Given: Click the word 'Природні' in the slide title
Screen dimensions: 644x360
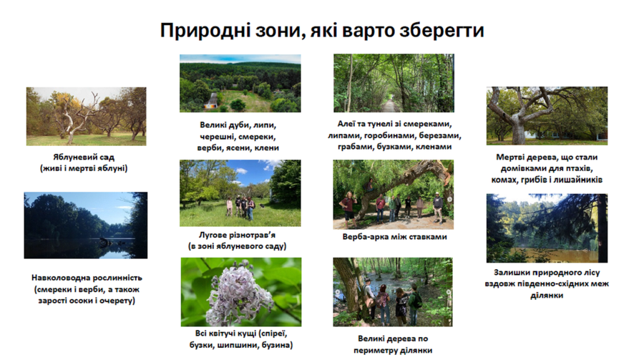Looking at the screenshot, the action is click(x=205, y=30).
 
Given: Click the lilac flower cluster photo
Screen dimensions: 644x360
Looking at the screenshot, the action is click(x=241, y=292).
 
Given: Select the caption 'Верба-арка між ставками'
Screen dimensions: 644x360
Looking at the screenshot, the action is click(x=395, y=237).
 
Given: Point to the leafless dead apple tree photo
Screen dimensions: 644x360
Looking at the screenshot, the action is click(x=87, y=116).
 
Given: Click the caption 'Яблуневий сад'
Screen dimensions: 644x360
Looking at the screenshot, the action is click(x=84, y=157).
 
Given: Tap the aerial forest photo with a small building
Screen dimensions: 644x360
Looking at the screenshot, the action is click(x=240, y=84).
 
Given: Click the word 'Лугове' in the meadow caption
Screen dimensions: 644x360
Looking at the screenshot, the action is click(x=213, y=235).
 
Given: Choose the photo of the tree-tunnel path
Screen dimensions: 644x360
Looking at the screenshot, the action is click(x=394, y=83).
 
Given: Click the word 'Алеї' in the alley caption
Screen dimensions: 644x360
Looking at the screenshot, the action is click(x=346, y=124).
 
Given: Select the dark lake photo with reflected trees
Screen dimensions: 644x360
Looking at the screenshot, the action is click(x=85, y=225).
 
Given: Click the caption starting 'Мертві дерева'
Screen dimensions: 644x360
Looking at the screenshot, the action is click(x=547, y=168).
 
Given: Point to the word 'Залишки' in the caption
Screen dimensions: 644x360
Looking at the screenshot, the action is click(x=510, y=273).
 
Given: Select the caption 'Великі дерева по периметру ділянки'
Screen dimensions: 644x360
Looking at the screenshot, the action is click(x=393, y=344).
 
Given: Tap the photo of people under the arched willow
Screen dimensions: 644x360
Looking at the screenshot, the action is click(x=394, y=195).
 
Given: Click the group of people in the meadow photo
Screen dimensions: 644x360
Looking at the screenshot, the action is click(x=240, y=207).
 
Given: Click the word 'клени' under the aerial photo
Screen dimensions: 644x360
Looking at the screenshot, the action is click(x=267, y=147).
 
